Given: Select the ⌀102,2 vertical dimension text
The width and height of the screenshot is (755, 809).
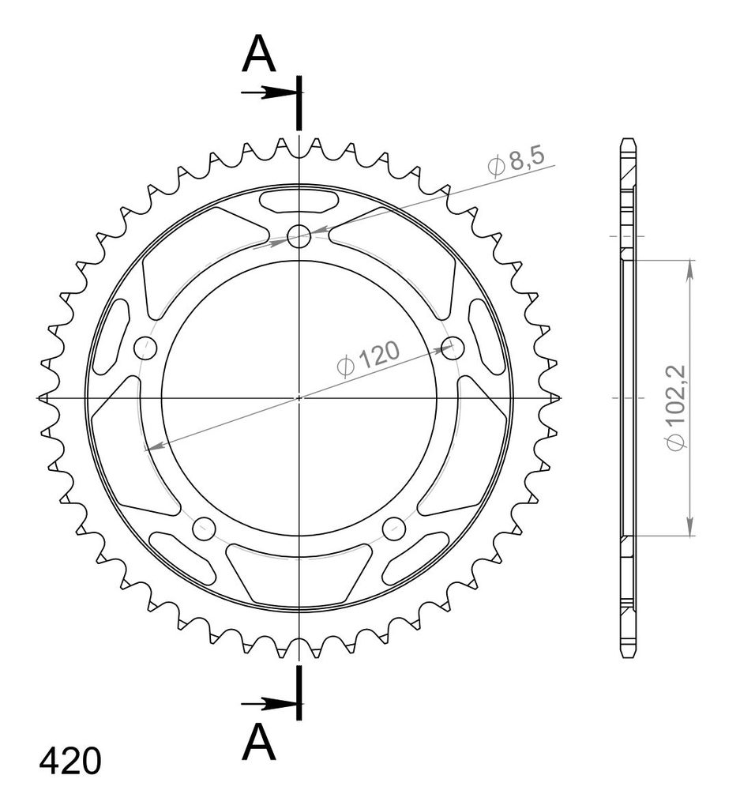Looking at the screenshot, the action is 675,408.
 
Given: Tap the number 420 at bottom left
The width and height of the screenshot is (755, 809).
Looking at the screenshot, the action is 70,762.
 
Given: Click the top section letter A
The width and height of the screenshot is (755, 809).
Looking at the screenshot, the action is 259,55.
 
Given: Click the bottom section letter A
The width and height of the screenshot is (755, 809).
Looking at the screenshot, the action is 259,742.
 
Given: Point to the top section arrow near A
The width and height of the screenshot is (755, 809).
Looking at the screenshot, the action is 269,93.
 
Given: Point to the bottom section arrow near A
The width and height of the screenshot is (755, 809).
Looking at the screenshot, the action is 269,704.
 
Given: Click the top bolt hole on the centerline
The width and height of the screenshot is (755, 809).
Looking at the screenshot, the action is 299,237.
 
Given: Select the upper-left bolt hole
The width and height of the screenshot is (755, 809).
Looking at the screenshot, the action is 145,348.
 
